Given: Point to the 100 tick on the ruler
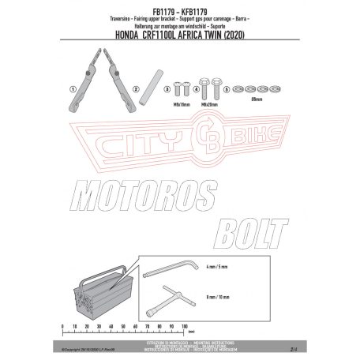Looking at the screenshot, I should tap(184, 324).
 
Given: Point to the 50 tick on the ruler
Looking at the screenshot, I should tap(122, 324).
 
